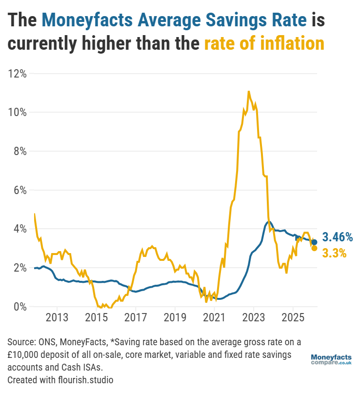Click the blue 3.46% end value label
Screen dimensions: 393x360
pos(338,237)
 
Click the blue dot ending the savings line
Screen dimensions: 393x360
pos(315,242)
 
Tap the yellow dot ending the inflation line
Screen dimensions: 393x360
pos(315,248)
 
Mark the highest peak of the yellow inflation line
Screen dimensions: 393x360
pos(249,91)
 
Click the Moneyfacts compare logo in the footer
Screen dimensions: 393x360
pos(331,360)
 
